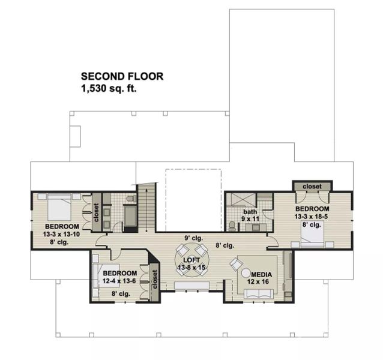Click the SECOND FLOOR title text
click(122, 76)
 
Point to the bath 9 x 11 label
click(250, 215)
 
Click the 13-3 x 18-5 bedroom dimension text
click(312, 216)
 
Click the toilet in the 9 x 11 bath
click(232, 225)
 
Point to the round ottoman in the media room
click(246, 274)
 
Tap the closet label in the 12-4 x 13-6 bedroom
click(154, 279)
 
